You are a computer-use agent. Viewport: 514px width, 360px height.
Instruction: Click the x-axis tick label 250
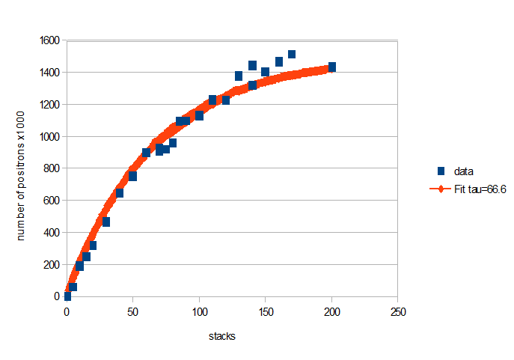pyautogui.click(x=398, y=311)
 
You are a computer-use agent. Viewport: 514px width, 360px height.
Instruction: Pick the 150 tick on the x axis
pyautogui.click(x=266, y=311)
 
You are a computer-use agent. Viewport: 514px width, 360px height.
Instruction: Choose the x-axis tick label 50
pyautogui.click(x=133, y=311)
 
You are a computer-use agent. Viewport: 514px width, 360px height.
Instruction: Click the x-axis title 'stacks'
pyautogui.click(x=222, y=336)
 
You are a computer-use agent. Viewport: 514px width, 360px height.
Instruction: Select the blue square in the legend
pyautogui.click(x=441, y=171)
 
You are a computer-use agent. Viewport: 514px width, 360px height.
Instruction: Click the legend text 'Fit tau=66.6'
pyautogui.click(x=483, y=190)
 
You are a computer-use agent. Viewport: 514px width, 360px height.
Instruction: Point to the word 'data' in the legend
pyautogui.click(x=468, y=171)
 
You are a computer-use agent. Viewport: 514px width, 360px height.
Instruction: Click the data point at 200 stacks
pyautogui.click(x=331, y=67)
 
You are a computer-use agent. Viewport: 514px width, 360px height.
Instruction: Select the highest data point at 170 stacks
pyautogui.click(x=292, y=54)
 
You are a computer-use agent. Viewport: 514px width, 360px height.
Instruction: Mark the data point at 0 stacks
pyautogui.click(x=67, y=296)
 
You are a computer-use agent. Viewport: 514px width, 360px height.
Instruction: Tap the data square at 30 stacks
pyautogui.click(x=106, y=222)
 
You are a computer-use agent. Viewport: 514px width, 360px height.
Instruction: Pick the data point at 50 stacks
pyautogui.click(x=132, y=177)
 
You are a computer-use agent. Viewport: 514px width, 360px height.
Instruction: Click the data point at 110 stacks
pyautogui.click(x=212, y=100)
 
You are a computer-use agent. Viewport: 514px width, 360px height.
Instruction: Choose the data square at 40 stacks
pyautogui.click(x=120, y=193)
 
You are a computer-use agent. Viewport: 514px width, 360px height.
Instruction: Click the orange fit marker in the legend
pyautogui.click(x=441, y=190)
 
